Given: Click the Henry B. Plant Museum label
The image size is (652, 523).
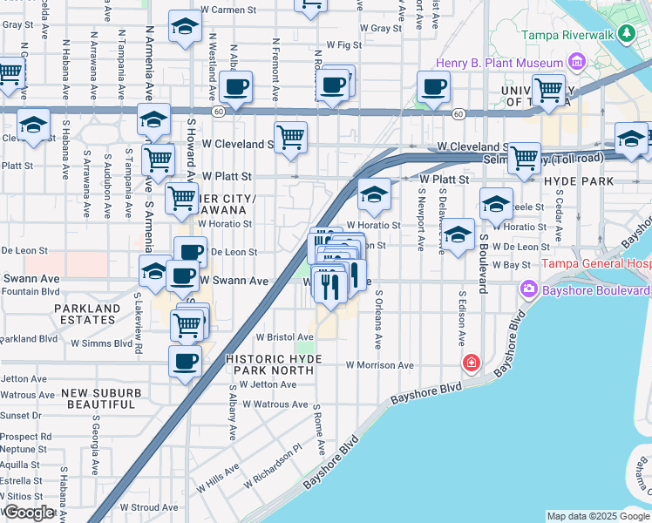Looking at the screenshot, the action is point(500,64).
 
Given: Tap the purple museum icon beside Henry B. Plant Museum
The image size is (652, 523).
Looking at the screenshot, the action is point(576,63).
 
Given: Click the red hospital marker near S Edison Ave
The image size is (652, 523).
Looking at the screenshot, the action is point(472,362).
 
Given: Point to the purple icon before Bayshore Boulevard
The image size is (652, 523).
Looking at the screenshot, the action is point(528,289).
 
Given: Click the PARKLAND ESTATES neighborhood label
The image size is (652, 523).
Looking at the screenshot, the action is point(86,315).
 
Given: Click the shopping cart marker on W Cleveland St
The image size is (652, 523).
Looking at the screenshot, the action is point(290,137).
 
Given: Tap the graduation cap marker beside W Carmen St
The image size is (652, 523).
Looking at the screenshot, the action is point(185,28).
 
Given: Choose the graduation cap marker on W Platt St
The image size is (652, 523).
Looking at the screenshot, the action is point(373,194).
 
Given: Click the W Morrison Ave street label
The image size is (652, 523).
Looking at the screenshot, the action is point(379,365).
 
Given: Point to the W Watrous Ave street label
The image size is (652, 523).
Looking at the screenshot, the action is point(275,404).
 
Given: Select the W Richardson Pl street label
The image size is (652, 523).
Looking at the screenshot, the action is point(272,469).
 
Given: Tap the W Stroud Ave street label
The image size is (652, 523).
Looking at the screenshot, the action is point(149,506).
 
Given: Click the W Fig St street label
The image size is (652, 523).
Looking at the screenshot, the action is point(343,44).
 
